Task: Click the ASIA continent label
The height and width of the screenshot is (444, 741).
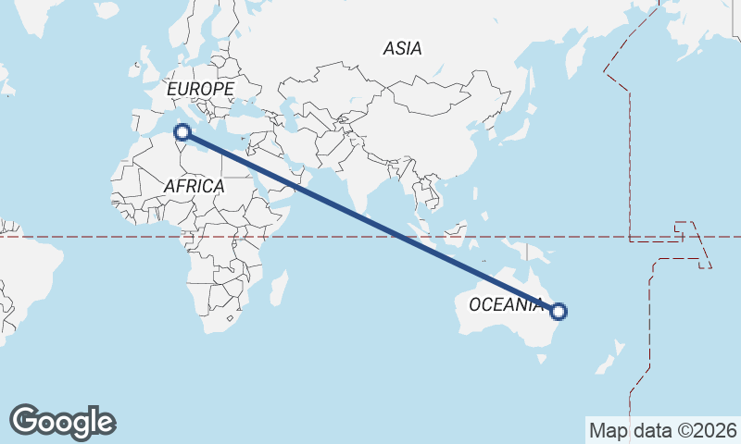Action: (403, 48)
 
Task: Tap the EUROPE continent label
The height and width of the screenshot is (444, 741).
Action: (199, 89)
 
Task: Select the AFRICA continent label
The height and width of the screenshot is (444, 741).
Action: (194, 186)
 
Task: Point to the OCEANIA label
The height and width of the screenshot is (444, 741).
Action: (506, 304)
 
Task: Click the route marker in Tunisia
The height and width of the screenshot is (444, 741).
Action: (182, 132)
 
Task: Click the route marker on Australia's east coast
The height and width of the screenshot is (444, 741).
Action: (558, 312)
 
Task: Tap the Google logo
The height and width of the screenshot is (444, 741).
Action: (62, 422)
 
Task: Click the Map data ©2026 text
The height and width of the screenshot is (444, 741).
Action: (662, 430)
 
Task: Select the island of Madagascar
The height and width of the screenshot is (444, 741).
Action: (277, 288)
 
